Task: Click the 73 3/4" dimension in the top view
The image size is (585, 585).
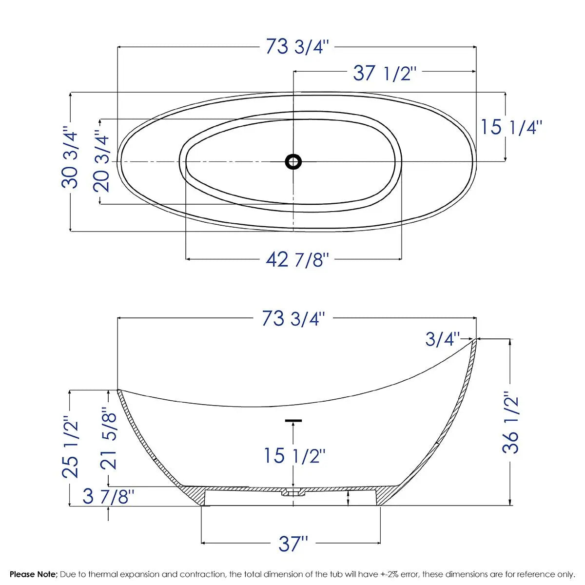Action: (x=297, y=47)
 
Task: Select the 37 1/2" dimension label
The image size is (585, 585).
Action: (x=385, y=74)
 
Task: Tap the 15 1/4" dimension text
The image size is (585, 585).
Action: (x=511, y=127)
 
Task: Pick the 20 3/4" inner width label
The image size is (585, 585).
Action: (x=103, y=160)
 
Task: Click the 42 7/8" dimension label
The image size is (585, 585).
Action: (x=297, y=259)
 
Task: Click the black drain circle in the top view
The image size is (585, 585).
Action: (x=293, y=161)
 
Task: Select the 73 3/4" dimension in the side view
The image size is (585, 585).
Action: (x=293, y=319)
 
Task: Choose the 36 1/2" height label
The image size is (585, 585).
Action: (x=511, y=422)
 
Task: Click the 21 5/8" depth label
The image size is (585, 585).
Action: (x=109, y=439)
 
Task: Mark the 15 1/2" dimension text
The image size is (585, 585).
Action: (x=294, y=456)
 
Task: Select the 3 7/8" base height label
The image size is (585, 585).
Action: (x=108, y=497)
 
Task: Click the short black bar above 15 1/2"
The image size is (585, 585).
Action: (x=293, y=420)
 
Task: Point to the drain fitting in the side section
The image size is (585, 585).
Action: (x=293, y=492)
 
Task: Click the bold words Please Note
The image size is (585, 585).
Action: (x=34, y=574)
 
